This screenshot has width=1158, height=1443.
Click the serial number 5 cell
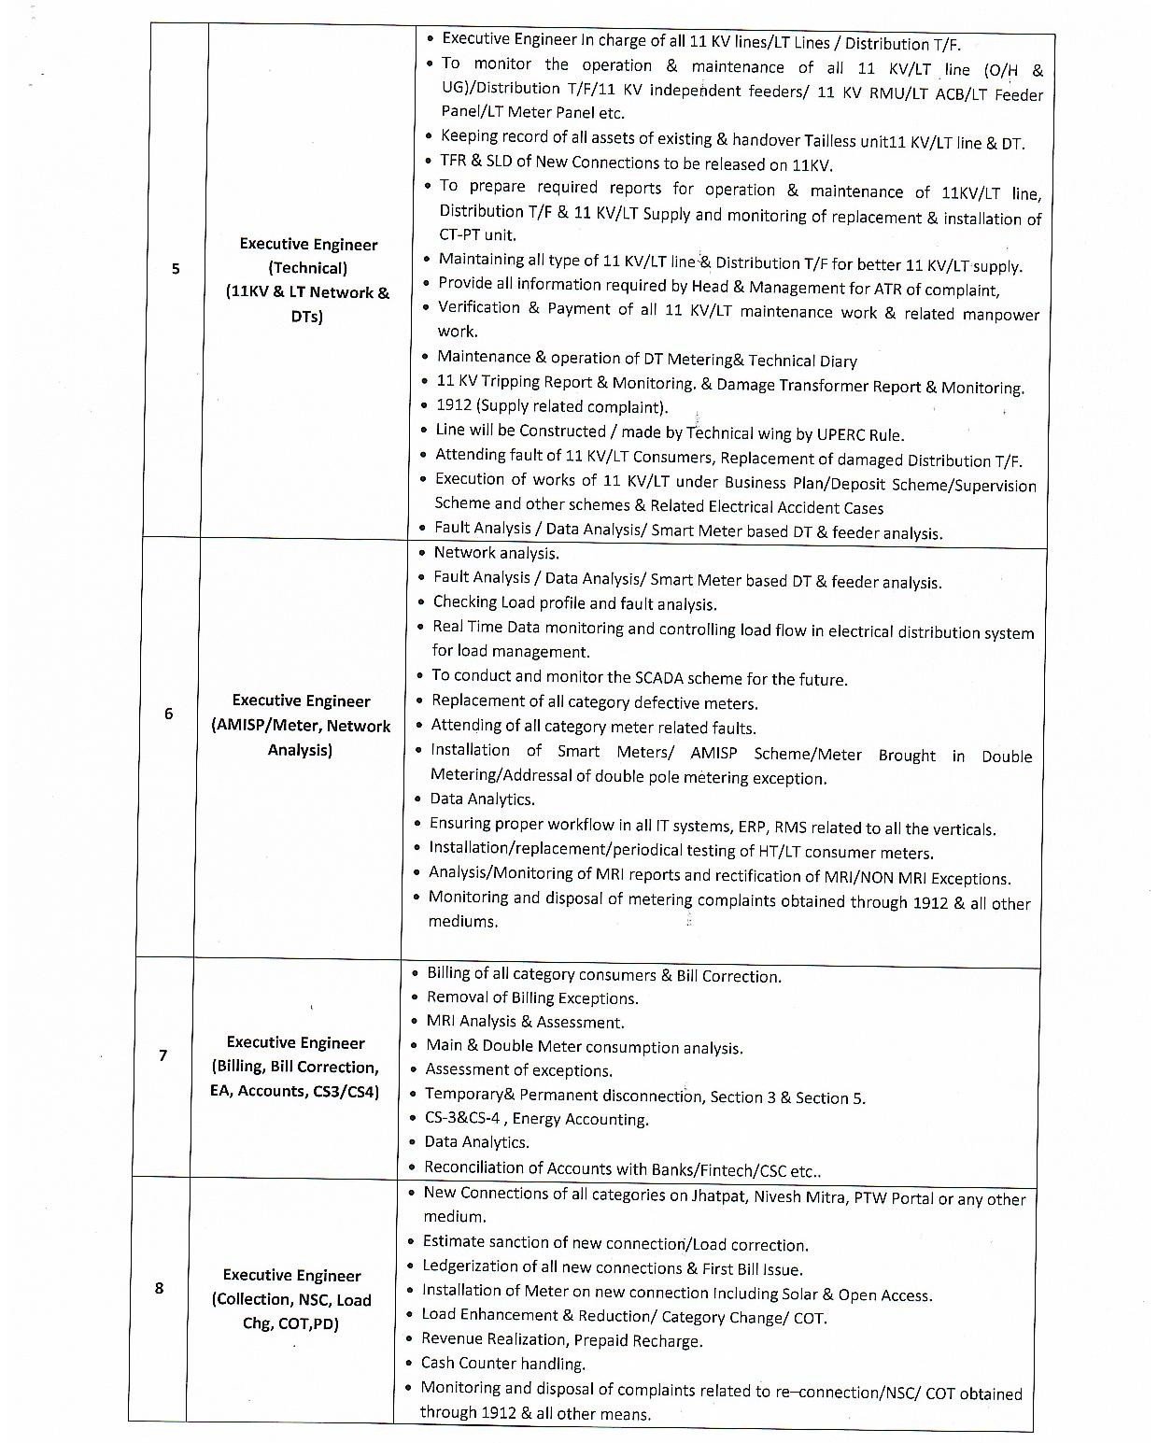click(x=176, y=269)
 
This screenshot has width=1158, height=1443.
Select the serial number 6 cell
click(x=168, y=714)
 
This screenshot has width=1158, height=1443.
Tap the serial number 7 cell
click(x=162, y=1055)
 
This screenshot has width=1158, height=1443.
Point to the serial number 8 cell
click(x=159, y=1288)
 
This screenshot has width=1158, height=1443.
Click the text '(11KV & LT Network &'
click(x=307, y=292)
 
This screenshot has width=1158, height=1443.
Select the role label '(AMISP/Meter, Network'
click(x=301, y=726)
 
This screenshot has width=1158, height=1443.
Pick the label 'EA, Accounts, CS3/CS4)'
click(x=295, y=1091)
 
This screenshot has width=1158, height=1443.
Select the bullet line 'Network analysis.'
click(x=496, y=553)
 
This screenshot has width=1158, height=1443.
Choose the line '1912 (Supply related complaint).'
click(x=552, y=406)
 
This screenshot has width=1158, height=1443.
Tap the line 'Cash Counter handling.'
click(x=503, y=1364)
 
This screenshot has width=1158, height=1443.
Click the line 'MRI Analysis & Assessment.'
click(x=525, y=1022)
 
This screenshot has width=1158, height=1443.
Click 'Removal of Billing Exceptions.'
click(x=532, y=997)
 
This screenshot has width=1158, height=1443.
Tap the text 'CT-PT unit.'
click(x=477, y=235)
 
